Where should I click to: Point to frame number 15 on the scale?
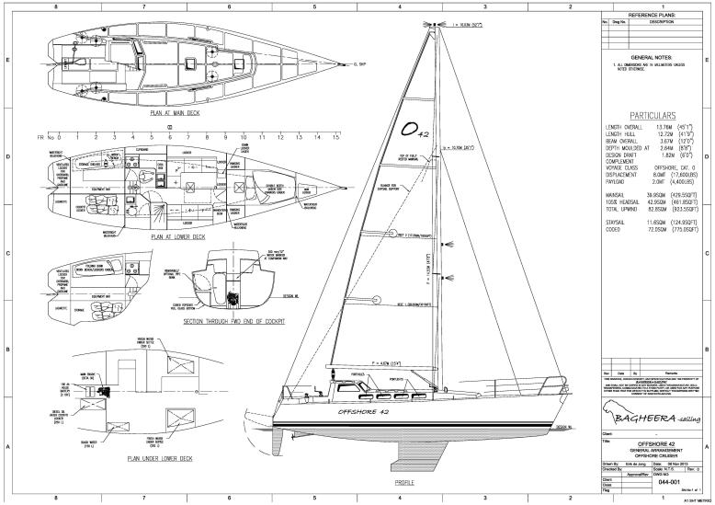pyautogui.click(x=337, y=136)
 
